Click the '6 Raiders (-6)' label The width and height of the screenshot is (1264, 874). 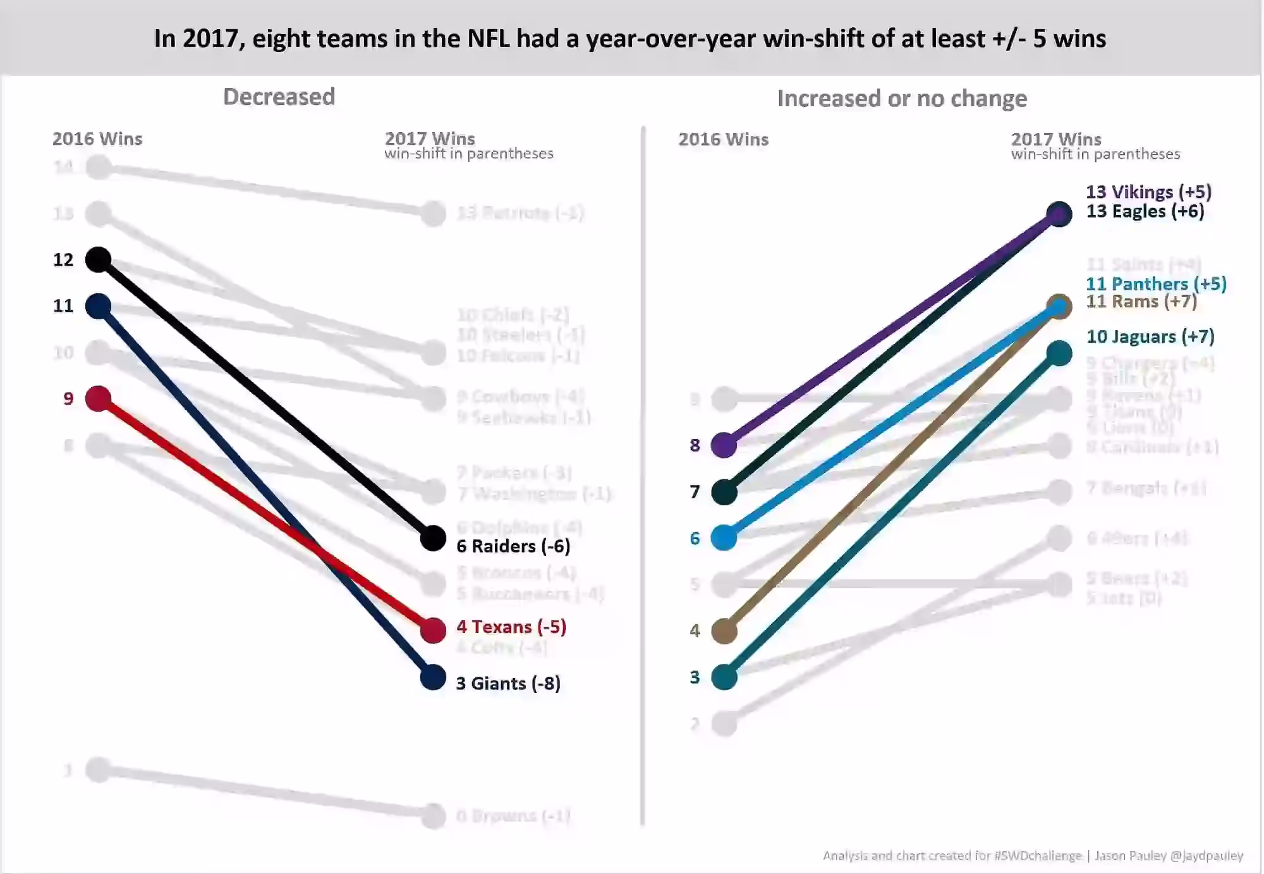[x=513, y=546]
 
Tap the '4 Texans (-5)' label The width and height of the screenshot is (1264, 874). [x=511, y=627]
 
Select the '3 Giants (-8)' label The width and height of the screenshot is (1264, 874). [x=508, y=684]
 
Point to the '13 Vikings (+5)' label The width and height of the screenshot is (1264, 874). [x=1148, y=192]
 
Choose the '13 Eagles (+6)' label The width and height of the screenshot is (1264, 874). [x=1145, y=211]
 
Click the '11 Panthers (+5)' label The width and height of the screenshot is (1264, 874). [x=1156, y=284]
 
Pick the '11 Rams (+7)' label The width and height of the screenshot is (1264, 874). [x=1141, y=302]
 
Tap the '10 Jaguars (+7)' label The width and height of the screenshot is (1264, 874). [x=1150, y=336]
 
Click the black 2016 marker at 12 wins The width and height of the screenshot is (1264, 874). [x=99, y=259]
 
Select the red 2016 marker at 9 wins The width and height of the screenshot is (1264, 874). [x=99, y=398]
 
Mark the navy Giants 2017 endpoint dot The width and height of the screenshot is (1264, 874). [x=433, y=677]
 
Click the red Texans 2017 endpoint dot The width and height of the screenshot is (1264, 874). [x=433, y=631]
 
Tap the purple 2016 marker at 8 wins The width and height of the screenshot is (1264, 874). [x=724, y=445]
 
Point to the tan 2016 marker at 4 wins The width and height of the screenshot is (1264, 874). [x=724, y=631]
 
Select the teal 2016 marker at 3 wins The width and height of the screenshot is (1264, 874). [x=724, y=677]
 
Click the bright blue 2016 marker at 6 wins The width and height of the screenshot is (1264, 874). [x=724, y=538]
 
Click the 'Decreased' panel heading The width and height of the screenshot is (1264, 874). [x=279, y=97]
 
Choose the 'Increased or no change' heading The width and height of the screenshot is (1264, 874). [x=902, y=99]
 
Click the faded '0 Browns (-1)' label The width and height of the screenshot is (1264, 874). [x=513, y=816]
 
